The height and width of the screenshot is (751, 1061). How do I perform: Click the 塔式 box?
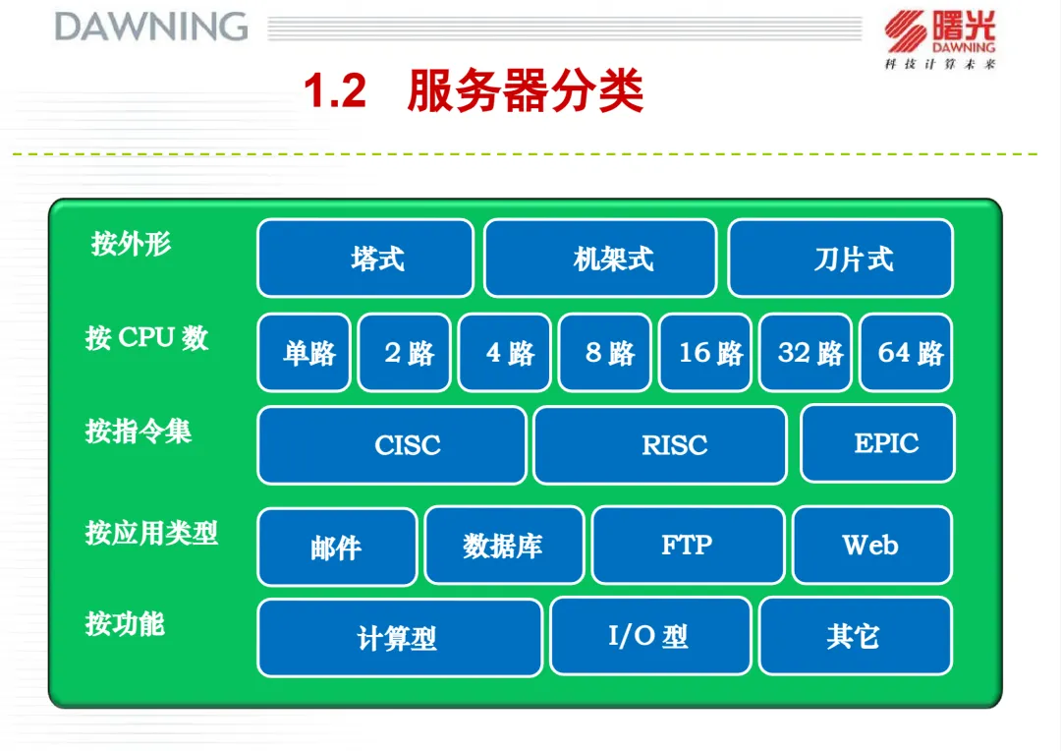point(365,258)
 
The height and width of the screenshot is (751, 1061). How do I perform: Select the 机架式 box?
point(600,258)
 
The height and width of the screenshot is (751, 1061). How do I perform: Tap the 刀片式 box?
point(840,258)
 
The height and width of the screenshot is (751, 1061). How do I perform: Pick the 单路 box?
point(304,352)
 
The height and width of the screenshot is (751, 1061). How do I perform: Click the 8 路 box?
point(605,352)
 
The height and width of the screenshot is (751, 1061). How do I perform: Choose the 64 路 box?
point(906,352)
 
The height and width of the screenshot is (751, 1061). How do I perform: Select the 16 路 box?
point(705,352)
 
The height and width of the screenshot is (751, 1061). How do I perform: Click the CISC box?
point(392,445)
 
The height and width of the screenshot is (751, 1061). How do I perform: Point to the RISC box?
point(660,445)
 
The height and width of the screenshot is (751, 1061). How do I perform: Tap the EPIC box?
point(877,443)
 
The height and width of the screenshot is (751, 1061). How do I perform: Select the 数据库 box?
point(505,546)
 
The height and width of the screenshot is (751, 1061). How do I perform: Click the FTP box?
point(688,546)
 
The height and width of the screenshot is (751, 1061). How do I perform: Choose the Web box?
point(872,546)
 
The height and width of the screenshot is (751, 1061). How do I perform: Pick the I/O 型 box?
point(651,636)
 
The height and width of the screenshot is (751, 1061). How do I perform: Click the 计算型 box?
point(400,637)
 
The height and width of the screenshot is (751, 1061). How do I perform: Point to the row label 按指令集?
point(139,432)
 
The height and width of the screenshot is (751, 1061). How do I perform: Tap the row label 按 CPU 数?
point(146,337)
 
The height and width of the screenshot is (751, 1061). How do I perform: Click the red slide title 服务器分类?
point(525,90)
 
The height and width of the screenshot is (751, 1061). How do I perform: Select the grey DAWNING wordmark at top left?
point(151,28)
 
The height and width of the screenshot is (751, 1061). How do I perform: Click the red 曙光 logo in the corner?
point(940,39)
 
